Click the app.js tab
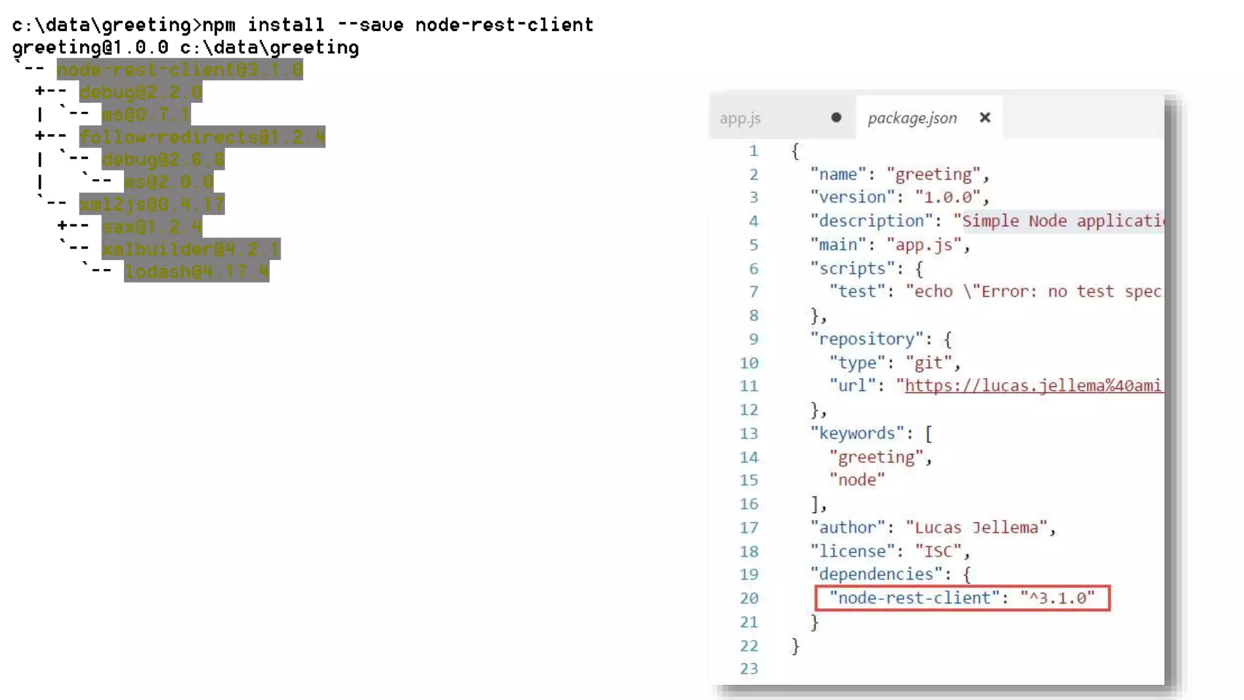coord(740,118)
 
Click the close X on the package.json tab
coord(985,118)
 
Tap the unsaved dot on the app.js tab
coord(836,118)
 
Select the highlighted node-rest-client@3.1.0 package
coord(180,70)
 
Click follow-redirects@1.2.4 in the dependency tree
coord(202,137)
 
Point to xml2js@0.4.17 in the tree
coord(152,205)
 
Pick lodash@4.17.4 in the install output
coord(196,272)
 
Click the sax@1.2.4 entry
coord(152,227)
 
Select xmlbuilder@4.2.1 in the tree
coord(191,249)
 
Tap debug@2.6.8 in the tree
coord(163,160)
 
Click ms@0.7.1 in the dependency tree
coord(146,115)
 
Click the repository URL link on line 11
coord(1033,386)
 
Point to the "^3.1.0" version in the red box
coord(1058,598)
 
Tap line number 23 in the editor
coord(749,668)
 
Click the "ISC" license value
coord(938,551)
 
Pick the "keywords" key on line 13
coord(857,433)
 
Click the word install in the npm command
coord(285,25)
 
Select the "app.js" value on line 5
coord(924,245)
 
